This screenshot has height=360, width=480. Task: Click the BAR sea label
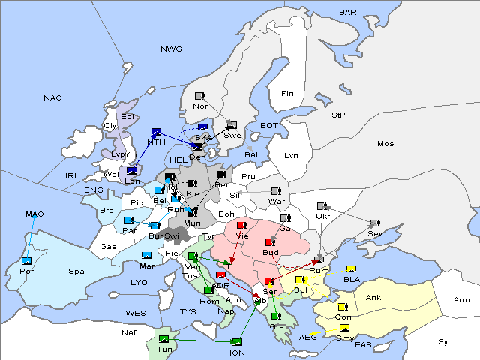coord(348,13)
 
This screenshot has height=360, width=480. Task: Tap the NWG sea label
coord(171,49)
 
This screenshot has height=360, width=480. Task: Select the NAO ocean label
coord(52,98)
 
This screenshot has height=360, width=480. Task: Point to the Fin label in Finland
coord(286,94)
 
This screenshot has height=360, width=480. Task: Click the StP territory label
coord(338,115)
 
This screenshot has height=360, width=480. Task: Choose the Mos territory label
coord(385,143)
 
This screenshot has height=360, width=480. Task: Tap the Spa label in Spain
coord(76,271)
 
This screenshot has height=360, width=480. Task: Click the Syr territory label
coord(445,341)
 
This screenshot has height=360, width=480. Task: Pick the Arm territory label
coord(462,300)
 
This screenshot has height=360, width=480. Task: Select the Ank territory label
coord(373,298)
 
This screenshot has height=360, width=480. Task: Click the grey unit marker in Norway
coord(199,96)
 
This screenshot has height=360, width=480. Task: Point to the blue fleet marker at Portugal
coord(27,261)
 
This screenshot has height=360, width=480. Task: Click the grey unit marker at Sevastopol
coord(373,223)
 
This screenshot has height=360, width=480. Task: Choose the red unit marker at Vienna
coord(241,225)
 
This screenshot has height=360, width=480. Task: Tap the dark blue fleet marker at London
coord(132,170)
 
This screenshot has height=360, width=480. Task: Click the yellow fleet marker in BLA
coord(351,268)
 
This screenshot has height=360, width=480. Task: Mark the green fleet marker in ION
coord(237,341)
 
